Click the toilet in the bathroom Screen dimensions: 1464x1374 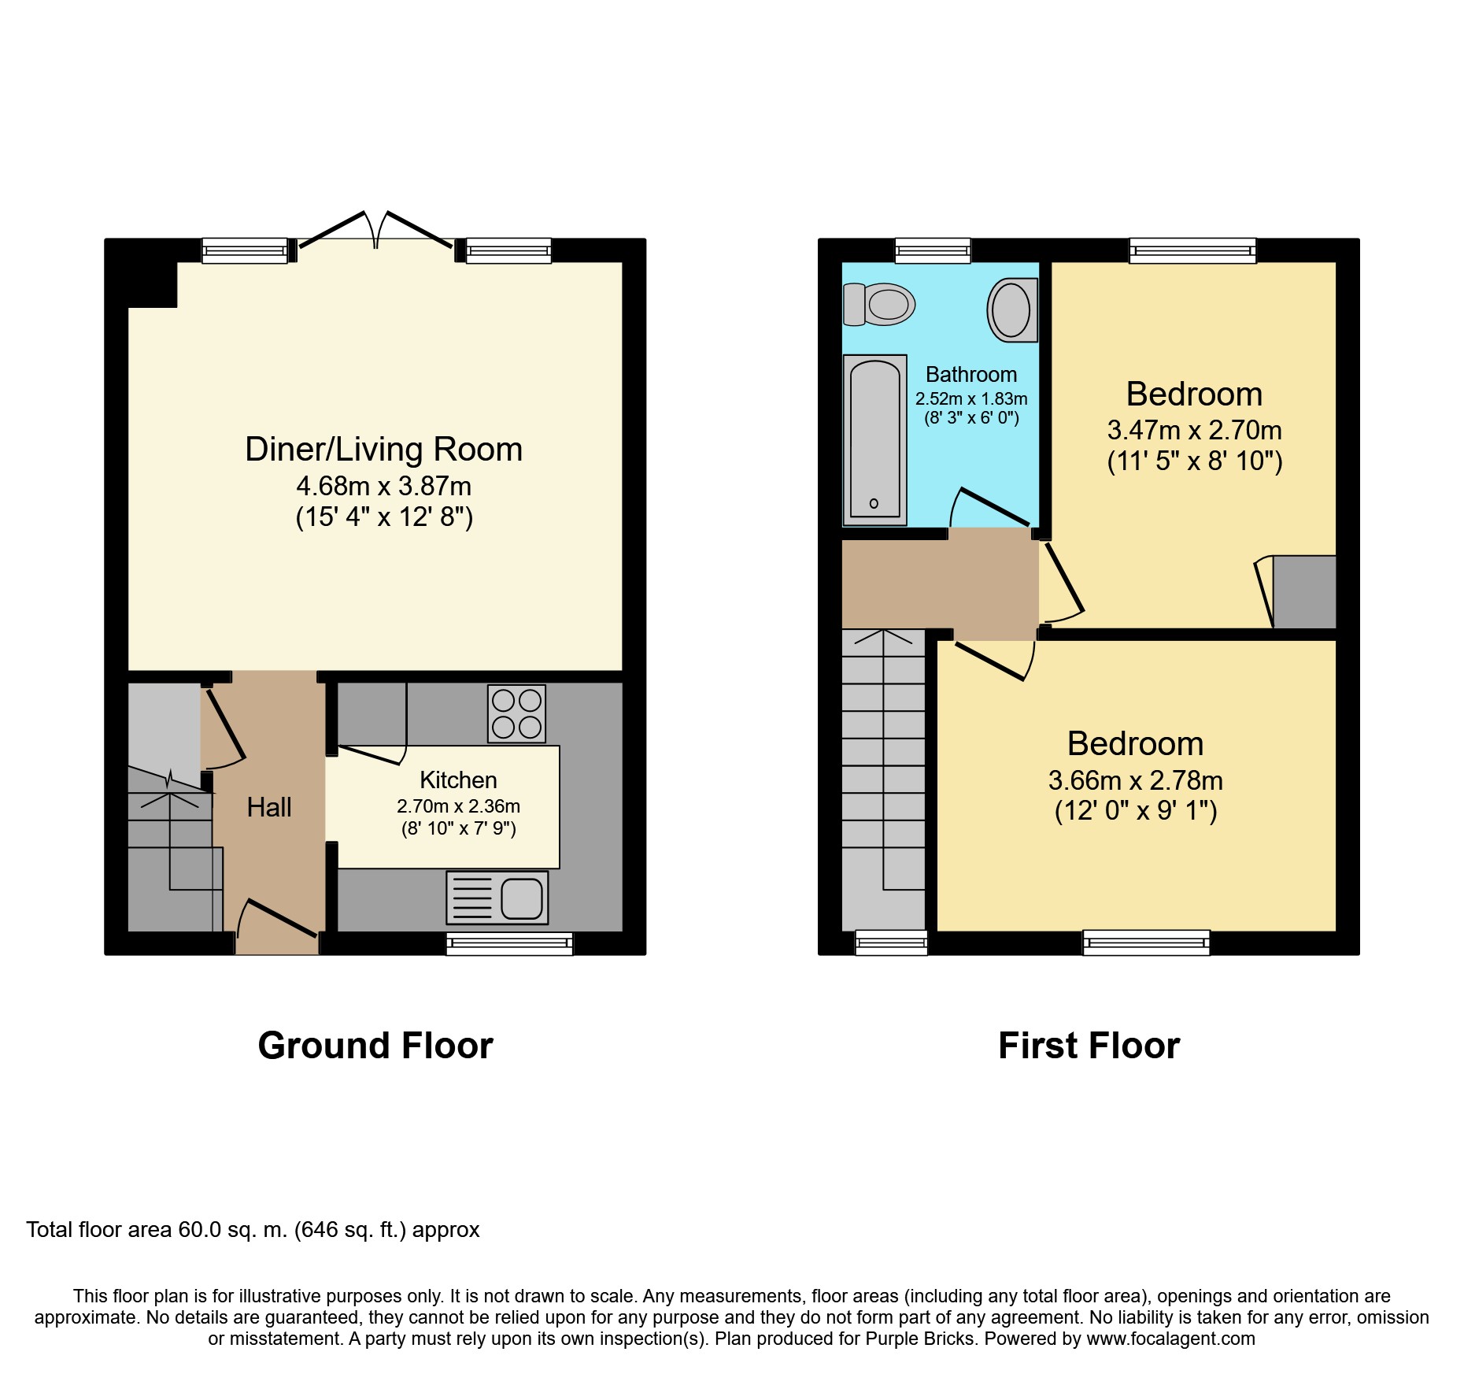pyautogui.click(x=879, y=304)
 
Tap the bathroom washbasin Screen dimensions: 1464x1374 pyautogui.click(x=1012, y=309)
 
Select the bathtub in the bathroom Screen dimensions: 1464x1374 pyautogui.click(x=874, y=440)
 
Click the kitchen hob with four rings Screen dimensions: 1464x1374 pyautogui.click(x=516, y=714)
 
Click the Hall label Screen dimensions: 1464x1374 pyautogui.click(x=269, y=807)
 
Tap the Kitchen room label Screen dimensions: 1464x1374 pyautogui.click(x=458, y=780)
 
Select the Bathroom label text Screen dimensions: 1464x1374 pyautogui.click(x=971, y=375)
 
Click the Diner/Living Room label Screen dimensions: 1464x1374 pyautogui.click(x=384, y=450)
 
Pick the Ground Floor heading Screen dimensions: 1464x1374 pyautogui.click(x=375, y=1046)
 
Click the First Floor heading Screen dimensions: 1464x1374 pyautogui.click(x=1089, y=1046)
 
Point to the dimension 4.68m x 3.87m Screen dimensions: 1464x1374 pyautogui.click(x=384, y=486)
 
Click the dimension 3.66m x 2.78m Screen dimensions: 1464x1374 pyautogui.click(x=1136, y=780)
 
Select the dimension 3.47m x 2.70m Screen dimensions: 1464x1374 pyautogui.click(x=1195, y=430)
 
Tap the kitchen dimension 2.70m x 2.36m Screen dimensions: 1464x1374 pyautogui.click(x=458, y=806)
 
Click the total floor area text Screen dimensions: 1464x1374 pyautogui.click(x=253, y=1230)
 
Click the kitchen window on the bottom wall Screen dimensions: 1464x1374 pyautogui.click(x=509, y=943)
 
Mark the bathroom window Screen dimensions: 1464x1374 pyautogui.click(x=933, y=250)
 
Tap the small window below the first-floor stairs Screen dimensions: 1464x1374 pyautogui.click(x=891, y=943)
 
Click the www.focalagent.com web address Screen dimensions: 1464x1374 pyautogui.click(x=1171, y=1339)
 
